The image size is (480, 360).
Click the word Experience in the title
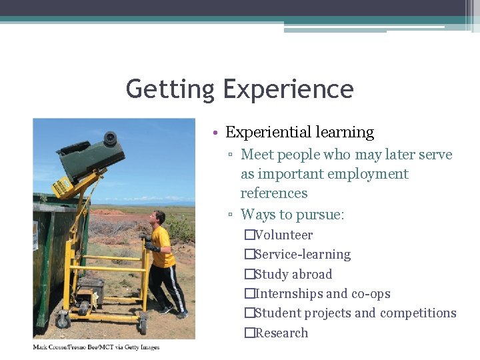[x=289, y=89]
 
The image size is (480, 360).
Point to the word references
[x=274, y=193]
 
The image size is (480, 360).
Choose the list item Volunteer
[x=283, y=235]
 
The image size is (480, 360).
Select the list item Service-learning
[x=302, y=255]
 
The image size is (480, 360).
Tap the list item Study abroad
[x=293, y=274]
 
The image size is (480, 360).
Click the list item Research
[x=281, y=333]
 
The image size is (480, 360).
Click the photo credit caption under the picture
[x=96, y=347]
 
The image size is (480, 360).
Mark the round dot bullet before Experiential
[x=217, y=133]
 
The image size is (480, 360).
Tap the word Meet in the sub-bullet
[x=257, y=155]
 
